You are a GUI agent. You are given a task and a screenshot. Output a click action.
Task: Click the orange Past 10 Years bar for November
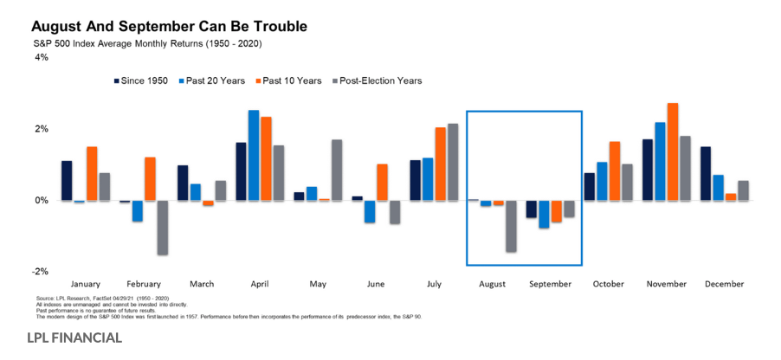(x=672, y=151)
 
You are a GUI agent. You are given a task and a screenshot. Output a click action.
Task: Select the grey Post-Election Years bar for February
(x=162, y=227)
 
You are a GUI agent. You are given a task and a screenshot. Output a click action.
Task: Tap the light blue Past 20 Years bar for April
(x=253, y=155)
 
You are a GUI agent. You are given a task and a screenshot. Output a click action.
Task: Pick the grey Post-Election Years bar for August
(x=511, y=226)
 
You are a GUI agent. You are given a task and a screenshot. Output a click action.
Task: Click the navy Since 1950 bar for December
(x=706, y=173)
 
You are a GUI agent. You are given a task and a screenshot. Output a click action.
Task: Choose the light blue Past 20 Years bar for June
(x=370, y=211)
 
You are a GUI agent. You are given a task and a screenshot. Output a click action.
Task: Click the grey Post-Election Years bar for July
(x=453, y=162)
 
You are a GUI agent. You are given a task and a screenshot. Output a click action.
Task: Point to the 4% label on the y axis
(x=41, y=57)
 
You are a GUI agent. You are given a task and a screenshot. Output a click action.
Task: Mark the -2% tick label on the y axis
(x=39, y=271)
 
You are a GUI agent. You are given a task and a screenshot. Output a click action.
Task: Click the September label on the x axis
(x=550, y=284)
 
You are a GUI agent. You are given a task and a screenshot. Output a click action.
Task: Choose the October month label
(x=609, y=284)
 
